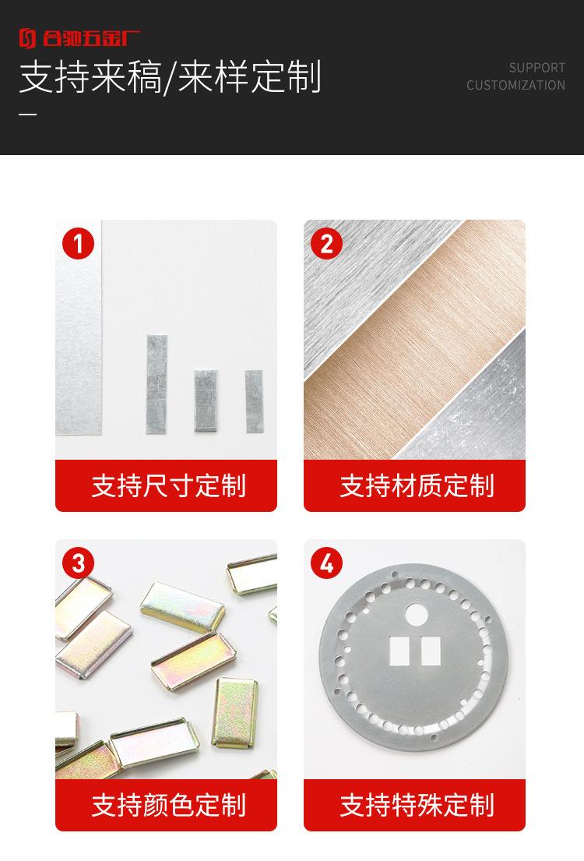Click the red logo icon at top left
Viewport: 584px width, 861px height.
click(x=27, y=37)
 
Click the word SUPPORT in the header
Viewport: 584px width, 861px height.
click(x=537, y=68)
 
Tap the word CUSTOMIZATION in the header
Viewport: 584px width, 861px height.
click(x=515, y=85)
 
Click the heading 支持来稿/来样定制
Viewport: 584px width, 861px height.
click(x=170, y=78)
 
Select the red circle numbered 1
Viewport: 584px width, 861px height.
click(x=78, y=244)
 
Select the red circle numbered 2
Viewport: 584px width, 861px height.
click(x=326, y=244)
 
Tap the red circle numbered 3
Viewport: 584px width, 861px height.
click(x=78, y=563)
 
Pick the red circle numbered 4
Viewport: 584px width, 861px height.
click(x=326, y=563)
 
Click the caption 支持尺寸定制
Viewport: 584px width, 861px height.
click(x=168, y=485)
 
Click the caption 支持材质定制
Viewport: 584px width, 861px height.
click(x=417, y=485)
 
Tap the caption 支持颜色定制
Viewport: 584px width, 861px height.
click(x=168, y=805)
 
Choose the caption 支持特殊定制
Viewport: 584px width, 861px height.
click(x=417, y=805)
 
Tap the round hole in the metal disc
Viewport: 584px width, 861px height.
click(x=414, y=614)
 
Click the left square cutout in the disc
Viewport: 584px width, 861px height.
click(x=398, y=651)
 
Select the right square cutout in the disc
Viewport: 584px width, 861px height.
click(x=430, y=651)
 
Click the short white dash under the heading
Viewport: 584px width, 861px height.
click(x=27, y=115)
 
